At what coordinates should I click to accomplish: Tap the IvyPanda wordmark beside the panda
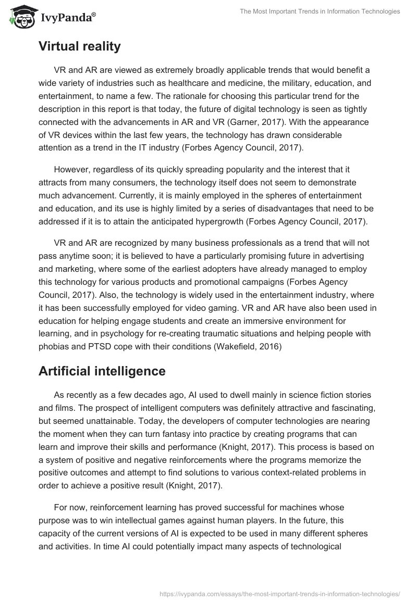pos(67,18)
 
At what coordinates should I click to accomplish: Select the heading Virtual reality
pos(79,46)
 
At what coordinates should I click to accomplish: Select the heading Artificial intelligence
pos(102,371)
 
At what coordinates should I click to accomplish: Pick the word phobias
pos(55,347)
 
